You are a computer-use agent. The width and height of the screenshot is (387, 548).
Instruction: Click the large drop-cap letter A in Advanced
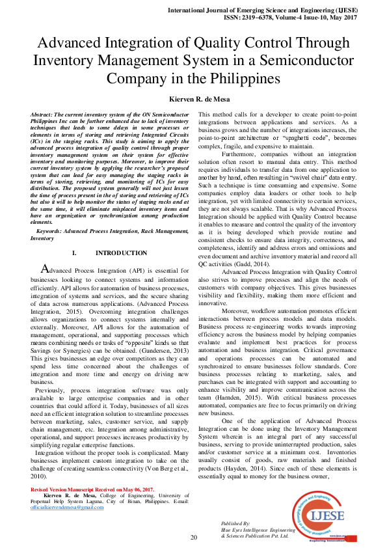pos(45,269)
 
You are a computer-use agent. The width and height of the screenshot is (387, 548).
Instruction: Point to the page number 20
pos(193,537)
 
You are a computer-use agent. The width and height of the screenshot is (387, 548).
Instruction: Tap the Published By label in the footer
pos(235,523)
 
